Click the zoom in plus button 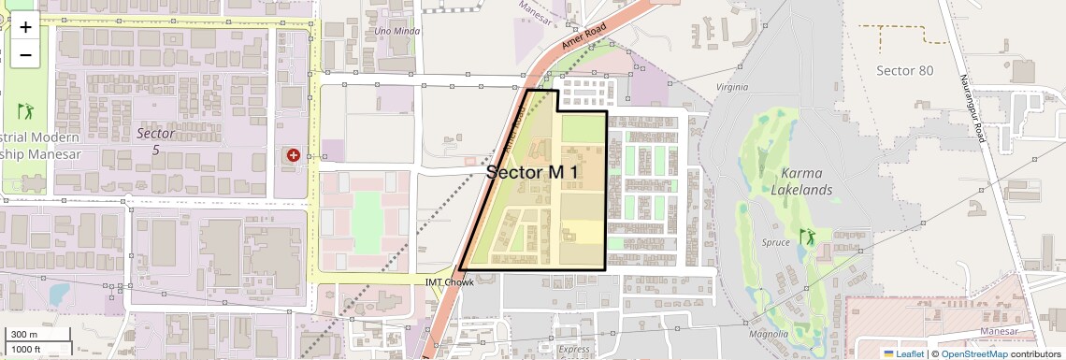click(25, 27)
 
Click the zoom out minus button click(25, 55)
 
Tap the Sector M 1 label click(532, 172)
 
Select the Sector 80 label click(904, 70)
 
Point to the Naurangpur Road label click(972, 108)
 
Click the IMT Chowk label click(443, 281)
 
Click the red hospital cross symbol click(294, 155)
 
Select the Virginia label click(731, 87)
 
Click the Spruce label click(776, 242)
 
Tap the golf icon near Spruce click(804, 238)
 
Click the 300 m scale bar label click(24, 335)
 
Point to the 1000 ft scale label click(27, 349)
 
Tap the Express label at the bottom click(574, 350)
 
